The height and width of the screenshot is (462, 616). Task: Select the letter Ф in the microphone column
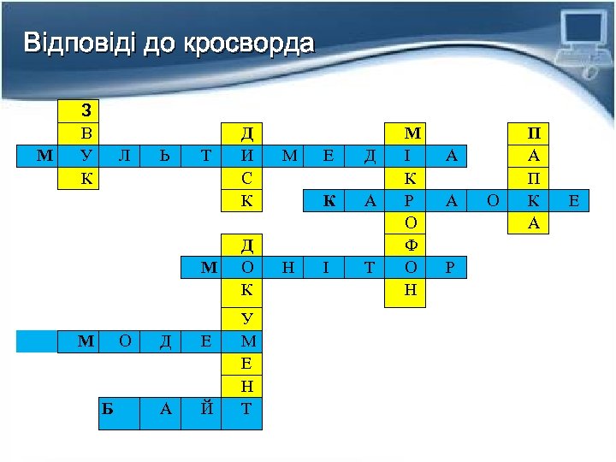pyautogui.click(x=412, y=246)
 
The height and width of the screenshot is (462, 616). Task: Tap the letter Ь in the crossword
pyautogui.click(x=165, y=156)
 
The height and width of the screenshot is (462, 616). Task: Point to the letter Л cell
pyautogui.click(x=124, y=156)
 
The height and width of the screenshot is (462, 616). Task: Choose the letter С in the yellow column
pyautogui.click(x=247, y=178)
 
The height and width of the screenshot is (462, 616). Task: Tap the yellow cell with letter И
pyautogui.click(x=247, y=156)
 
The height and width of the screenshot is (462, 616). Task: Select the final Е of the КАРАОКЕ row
pyautogui.click(x=573, y=201)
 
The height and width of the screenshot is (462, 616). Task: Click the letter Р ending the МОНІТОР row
pyautogui.click(x=452, y=269)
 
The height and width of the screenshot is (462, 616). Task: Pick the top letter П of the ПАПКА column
pyautogui.click(x=534, y=133)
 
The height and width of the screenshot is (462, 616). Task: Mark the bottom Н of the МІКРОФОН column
pyautogui.click(x=412, y=291)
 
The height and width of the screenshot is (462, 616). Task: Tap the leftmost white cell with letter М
pyautogui.click(x=43, y=156)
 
